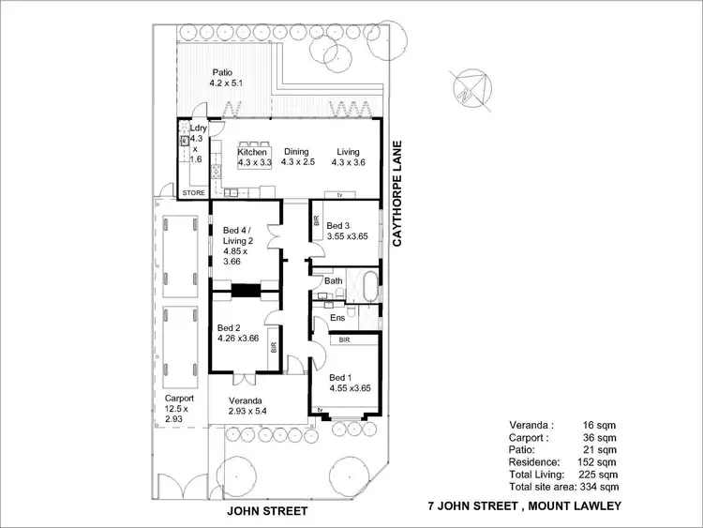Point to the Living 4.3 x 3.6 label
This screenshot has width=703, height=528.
pyautogui.click(x=348, y=157)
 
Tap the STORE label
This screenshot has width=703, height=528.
pyautogui.click(x=193, y=193)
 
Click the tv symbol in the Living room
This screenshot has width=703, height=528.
pyautogui.click(x=339, y=195)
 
